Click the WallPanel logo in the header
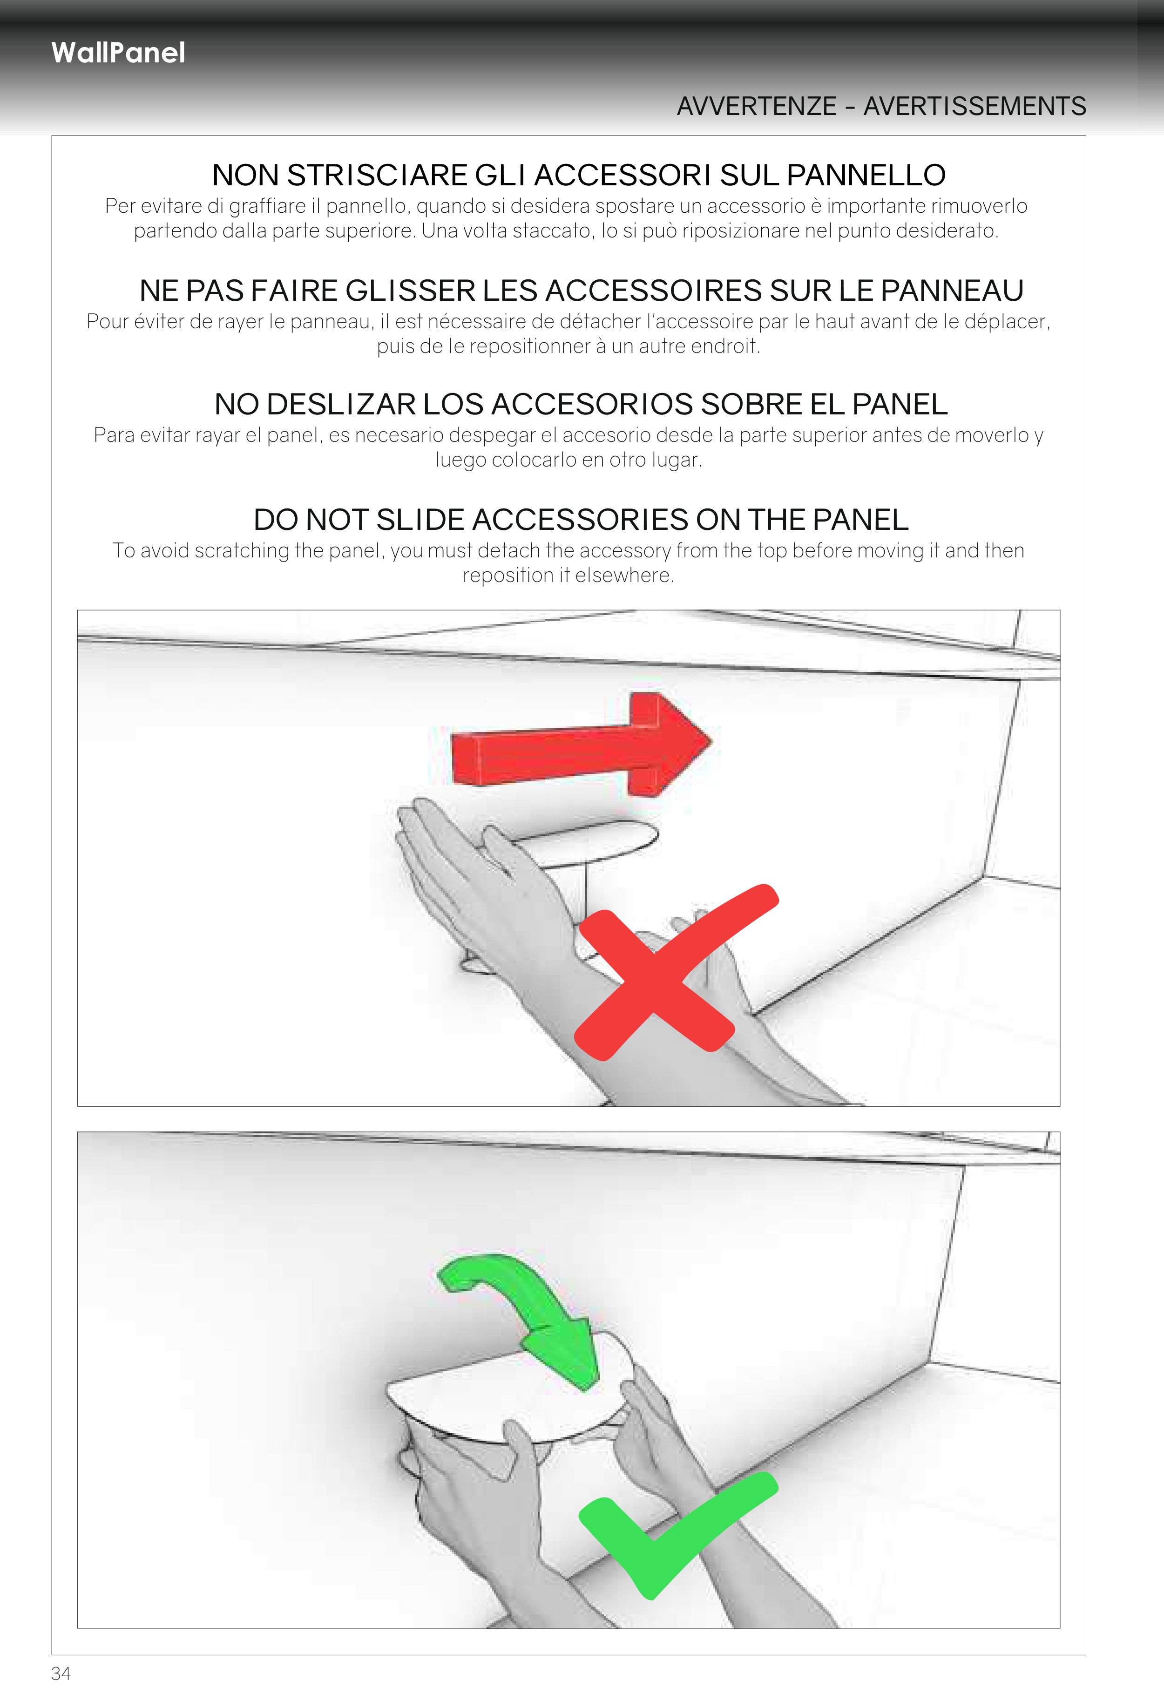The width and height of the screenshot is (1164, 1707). pos(118,53)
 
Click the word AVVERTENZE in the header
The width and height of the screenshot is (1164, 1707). pos(757,107)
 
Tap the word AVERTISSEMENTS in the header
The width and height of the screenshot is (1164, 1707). pos(975,107)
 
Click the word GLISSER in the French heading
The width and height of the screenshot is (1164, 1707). pos(410,291)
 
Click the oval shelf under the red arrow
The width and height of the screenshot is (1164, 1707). pos(588,841)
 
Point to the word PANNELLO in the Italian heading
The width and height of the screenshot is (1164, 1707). pos(866,176)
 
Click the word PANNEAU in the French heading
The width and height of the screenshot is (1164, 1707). pos(952,291)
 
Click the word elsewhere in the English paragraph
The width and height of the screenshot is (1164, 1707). pos(624,576)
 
